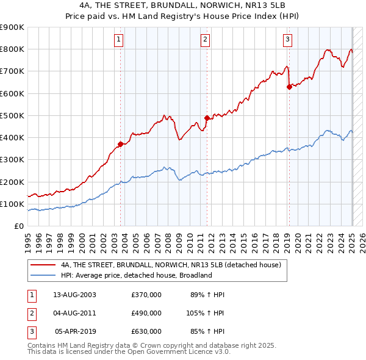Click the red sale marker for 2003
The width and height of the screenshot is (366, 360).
pos(120,144)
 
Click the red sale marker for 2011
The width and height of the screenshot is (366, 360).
pos(207,117)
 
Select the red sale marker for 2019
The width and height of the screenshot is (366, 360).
pos(289,87)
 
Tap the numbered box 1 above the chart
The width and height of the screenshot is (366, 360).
pos(118,40)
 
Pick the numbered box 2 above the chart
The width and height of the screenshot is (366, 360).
pos(206,40)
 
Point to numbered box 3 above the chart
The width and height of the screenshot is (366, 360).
pos(287,40)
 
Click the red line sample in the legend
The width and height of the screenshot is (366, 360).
pos(43,265)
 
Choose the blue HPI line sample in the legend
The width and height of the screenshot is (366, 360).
pos(43,275)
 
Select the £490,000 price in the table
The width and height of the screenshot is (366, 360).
pos(146,313)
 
